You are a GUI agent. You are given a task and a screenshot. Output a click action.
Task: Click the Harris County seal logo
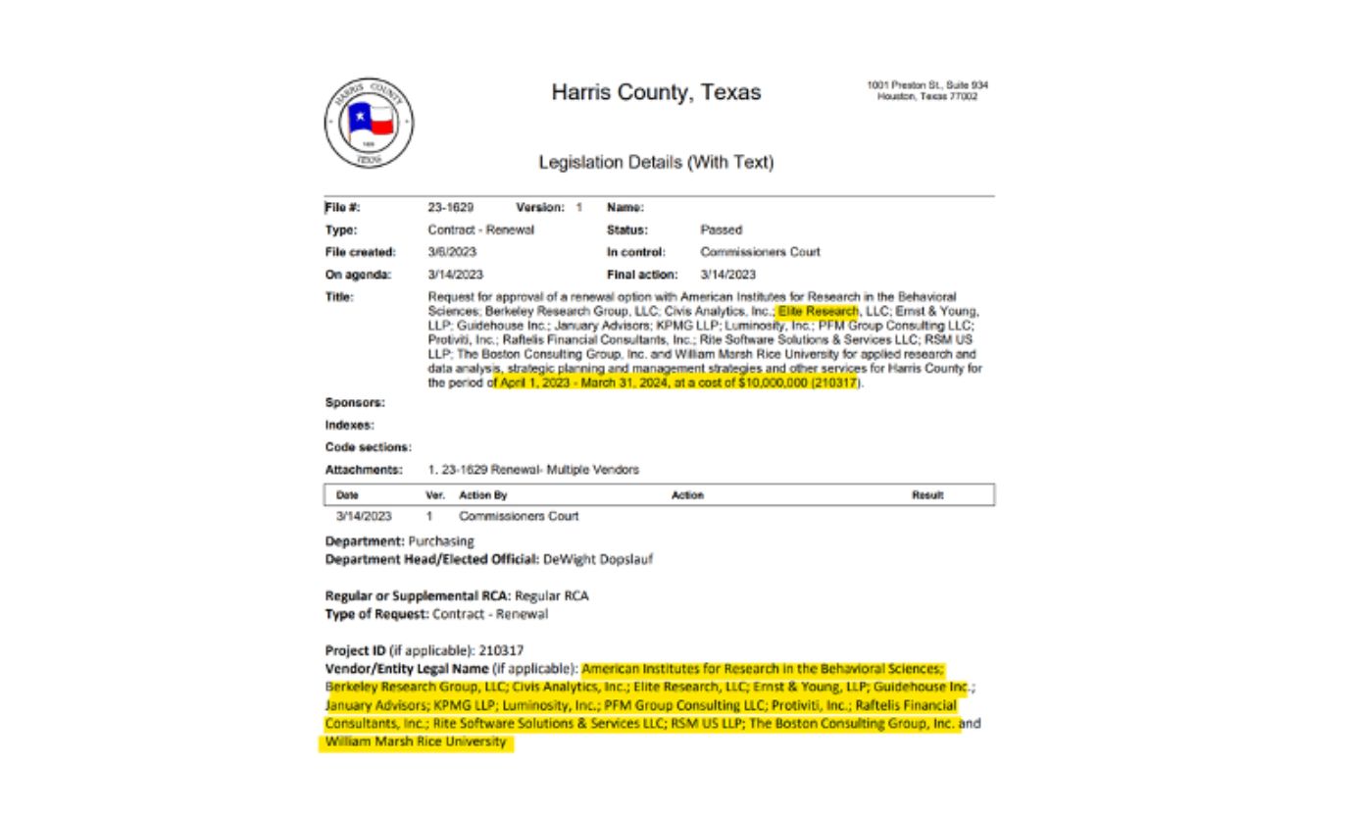click(368, 122)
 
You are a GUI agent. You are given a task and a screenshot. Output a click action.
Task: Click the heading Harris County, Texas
click(655, 93)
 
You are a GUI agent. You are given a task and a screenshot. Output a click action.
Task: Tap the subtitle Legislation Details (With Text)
click(656, 163)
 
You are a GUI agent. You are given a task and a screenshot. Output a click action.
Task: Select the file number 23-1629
click(451, 208)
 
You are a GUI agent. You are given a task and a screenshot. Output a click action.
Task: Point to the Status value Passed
click(721, 230)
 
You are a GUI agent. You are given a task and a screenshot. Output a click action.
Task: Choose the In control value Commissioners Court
click(760, 252)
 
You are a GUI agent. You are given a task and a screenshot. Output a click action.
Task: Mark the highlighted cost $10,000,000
click(774, 383)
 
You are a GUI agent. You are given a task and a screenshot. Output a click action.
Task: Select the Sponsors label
click(354, 402)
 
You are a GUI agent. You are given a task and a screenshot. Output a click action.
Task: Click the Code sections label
click(368, 446)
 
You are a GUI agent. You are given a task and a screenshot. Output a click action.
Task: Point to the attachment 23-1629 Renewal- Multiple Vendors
click(534, 470)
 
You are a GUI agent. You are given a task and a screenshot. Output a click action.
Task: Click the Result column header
click(926, 495)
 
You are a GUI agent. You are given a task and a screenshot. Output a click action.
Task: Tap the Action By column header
click(482, 495)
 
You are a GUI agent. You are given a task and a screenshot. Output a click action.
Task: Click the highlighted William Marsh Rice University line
click(416, 742)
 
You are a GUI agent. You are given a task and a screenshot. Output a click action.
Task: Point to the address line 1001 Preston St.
click(926, 84)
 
